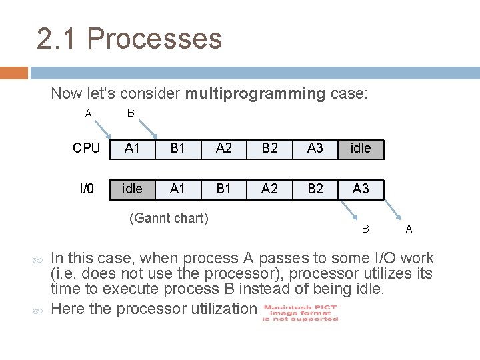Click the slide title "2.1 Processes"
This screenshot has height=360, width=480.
pos(129,39)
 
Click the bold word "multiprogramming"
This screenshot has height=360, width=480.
pos(255,93)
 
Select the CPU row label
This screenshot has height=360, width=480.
pos(87,148)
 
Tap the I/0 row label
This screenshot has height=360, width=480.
pos(87,189)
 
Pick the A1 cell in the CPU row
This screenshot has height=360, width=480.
pos(132,148)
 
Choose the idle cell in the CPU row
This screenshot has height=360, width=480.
pos(361,148)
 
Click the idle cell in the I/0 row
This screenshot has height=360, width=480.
pos(132,189)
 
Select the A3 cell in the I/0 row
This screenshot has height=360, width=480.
pos(361,189)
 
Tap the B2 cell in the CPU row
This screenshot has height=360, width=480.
pos(269,148)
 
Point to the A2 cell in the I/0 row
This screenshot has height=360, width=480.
pos(269,189)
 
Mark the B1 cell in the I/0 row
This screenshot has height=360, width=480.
pos(224,189)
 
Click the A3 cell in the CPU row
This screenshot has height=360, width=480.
pos(315,148)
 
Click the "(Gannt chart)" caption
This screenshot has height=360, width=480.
pos(169,218)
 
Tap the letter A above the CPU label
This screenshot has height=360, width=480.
pos(89,114)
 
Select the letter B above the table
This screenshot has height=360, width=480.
pos(131,113)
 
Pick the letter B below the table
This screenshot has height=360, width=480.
pos(365,229)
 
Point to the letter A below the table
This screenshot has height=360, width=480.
pos(409,229)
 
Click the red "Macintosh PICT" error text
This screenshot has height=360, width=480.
pos(301,313)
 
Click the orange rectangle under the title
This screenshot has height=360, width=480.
pos(14,72)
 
